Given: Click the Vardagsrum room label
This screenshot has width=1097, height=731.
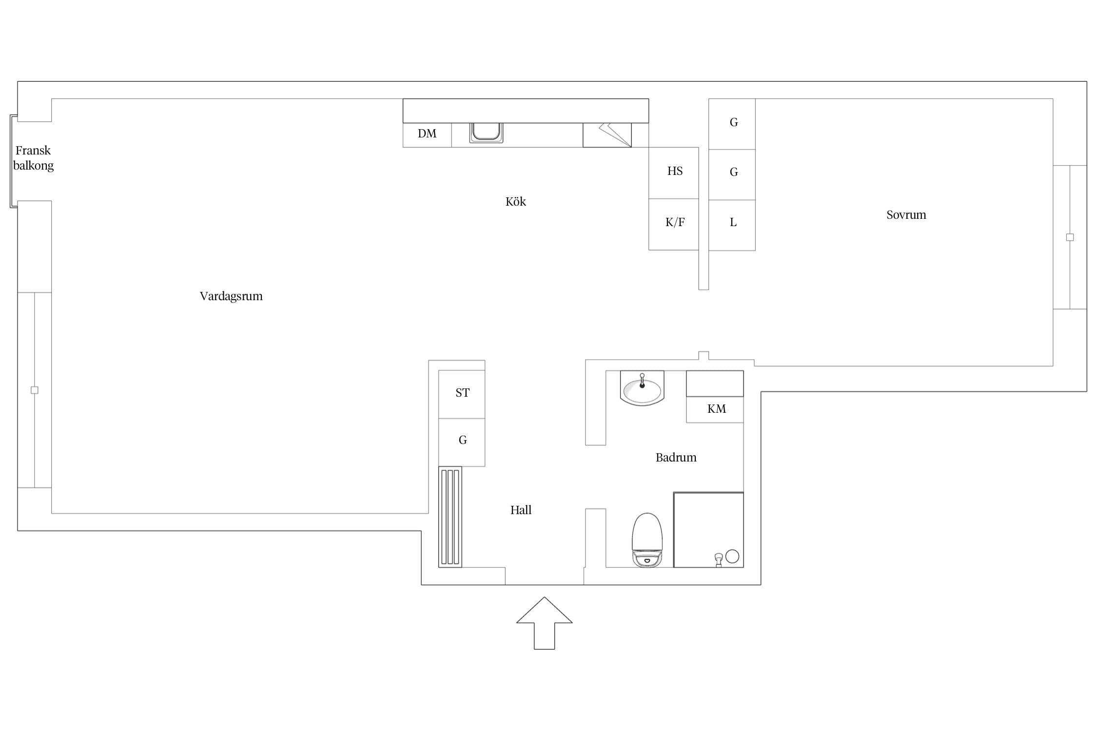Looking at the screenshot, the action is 231,296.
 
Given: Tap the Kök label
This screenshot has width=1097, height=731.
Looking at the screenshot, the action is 515,201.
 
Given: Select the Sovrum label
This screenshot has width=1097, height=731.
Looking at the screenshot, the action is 906,215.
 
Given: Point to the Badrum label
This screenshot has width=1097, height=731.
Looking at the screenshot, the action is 676,457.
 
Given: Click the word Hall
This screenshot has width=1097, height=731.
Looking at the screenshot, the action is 521,510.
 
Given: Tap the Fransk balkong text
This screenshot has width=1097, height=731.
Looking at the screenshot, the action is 33,158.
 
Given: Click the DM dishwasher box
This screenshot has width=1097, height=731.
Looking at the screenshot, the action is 427,135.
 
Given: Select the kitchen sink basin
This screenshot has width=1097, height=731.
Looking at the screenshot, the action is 486,133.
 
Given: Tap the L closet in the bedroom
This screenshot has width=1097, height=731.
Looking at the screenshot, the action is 732,225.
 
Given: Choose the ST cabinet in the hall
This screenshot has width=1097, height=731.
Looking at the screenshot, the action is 462,394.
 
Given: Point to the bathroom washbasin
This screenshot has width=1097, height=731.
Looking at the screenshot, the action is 642,388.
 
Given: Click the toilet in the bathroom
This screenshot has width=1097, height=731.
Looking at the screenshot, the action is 647,540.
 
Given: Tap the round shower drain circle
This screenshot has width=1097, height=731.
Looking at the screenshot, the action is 732,556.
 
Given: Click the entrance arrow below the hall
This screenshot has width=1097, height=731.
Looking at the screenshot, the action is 544,623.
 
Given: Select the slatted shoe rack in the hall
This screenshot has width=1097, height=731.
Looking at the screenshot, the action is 450,517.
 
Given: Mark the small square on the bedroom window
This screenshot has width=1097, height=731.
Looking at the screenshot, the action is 1070,237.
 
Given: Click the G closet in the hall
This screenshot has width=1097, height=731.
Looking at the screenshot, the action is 462,442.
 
